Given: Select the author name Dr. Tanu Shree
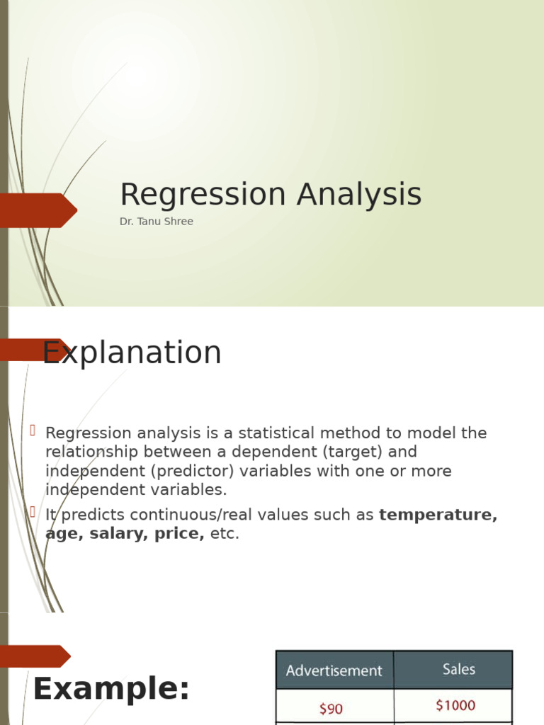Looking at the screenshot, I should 156,222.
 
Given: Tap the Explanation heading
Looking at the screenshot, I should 132,353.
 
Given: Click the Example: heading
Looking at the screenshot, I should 111,689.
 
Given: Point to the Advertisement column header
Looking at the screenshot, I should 334,670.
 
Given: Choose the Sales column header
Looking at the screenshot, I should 458,669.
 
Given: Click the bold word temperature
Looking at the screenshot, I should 438,515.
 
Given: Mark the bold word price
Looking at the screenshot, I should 179,534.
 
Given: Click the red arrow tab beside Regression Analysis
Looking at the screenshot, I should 38,210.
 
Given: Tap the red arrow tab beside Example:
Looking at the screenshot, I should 35,656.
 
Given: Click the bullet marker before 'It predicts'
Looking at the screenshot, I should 33,513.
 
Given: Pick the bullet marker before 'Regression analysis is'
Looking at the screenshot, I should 33,430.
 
